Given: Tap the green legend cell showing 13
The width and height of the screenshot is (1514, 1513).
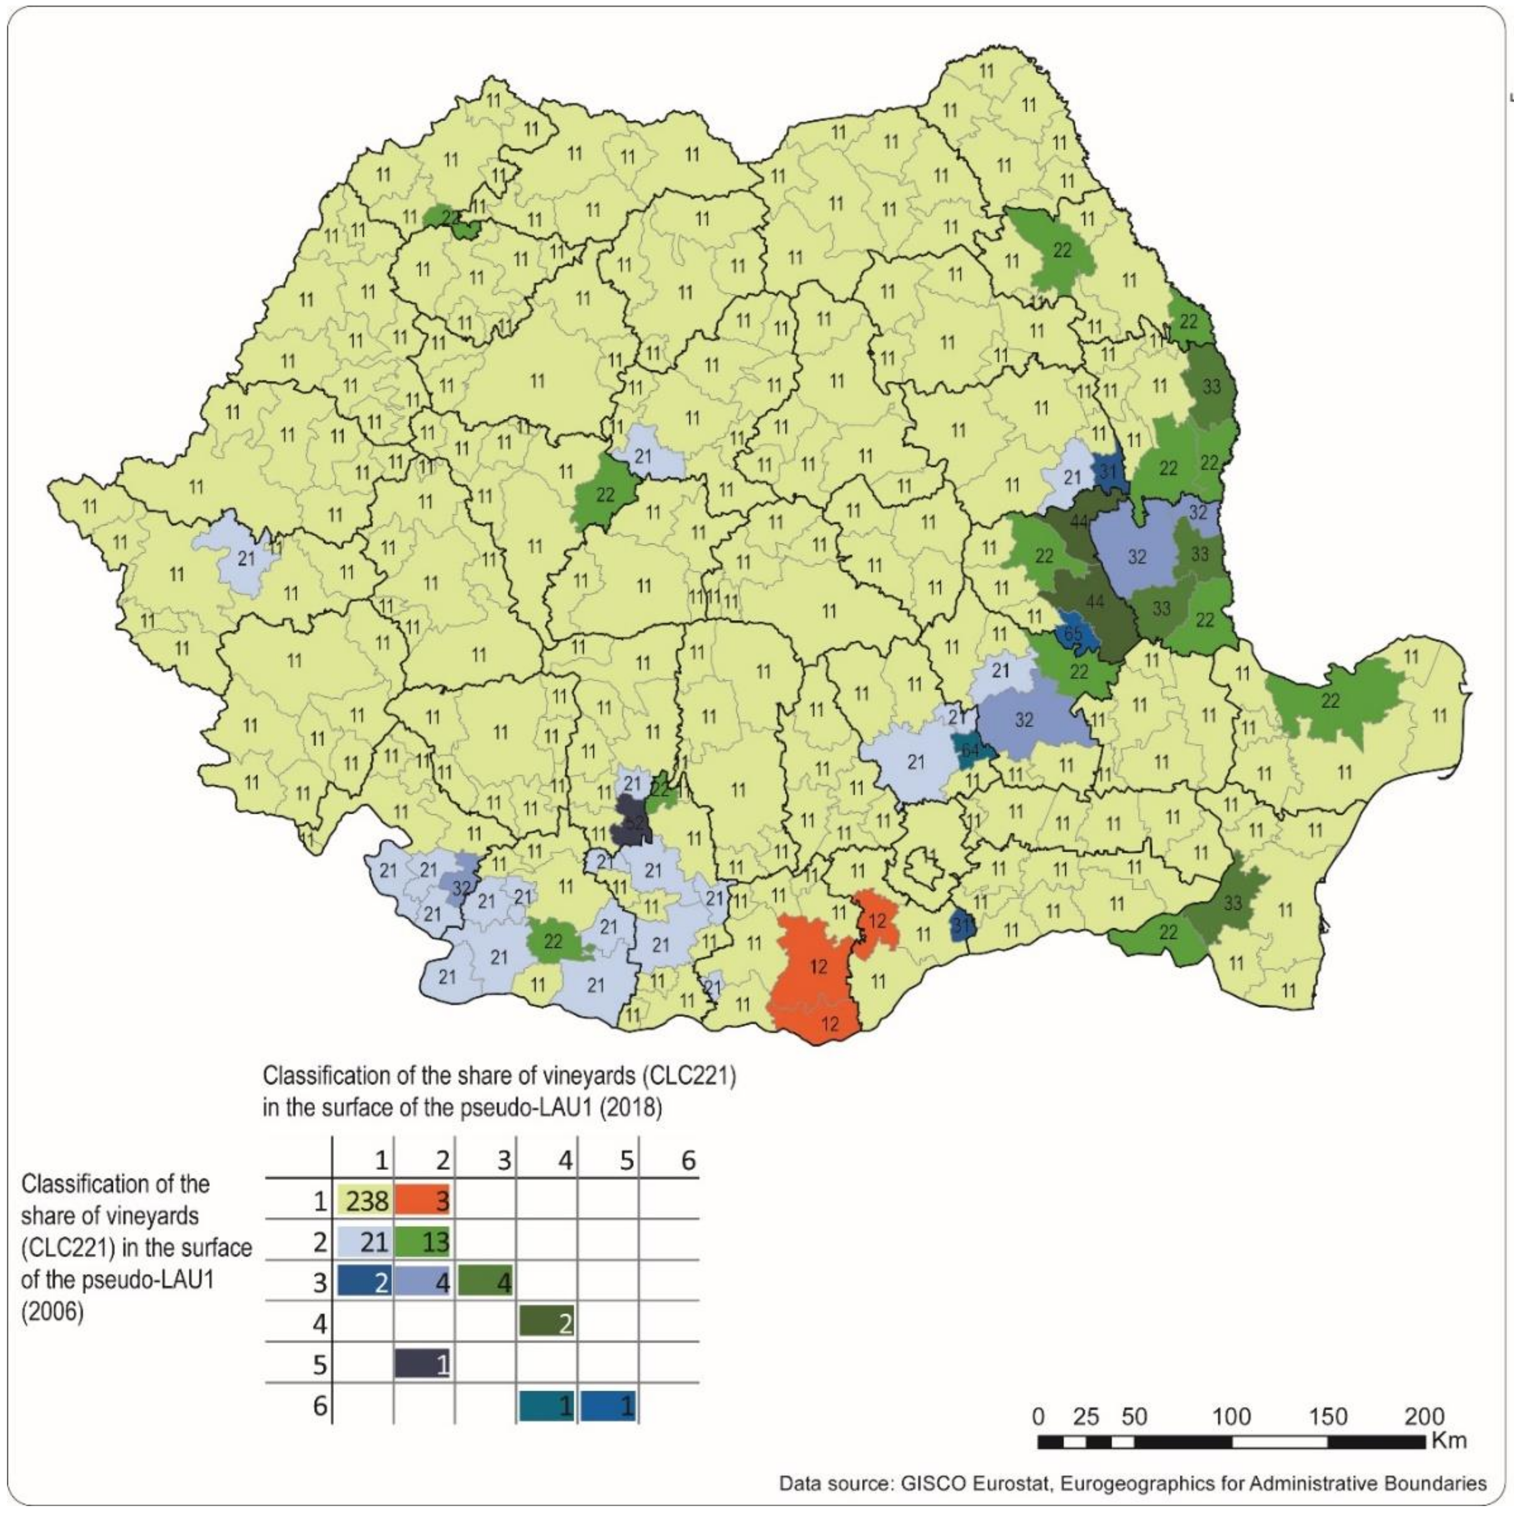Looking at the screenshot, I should point(423,1241).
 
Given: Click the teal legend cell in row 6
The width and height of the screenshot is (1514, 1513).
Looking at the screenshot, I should point(547,1407).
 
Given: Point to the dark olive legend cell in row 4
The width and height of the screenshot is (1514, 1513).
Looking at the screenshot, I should point(547,1324).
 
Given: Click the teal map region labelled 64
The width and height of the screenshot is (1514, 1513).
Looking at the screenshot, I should point(970,750).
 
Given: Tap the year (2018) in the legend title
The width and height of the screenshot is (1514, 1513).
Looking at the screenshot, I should point(635,1109).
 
